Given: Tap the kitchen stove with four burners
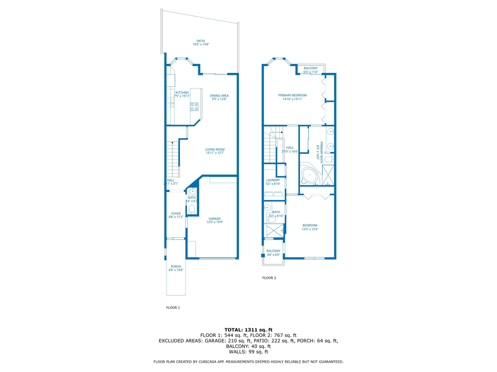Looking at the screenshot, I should click(x=194, y=107).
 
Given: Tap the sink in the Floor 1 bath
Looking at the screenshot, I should click(x=192, y=191).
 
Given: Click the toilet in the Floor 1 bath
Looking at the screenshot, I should click(x=192, y=209).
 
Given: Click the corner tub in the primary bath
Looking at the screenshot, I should click(x=309, y=176).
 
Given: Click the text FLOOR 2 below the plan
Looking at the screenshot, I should click(x=269, y=278).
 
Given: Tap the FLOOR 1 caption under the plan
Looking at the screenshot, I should click(x=173, y=307).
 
